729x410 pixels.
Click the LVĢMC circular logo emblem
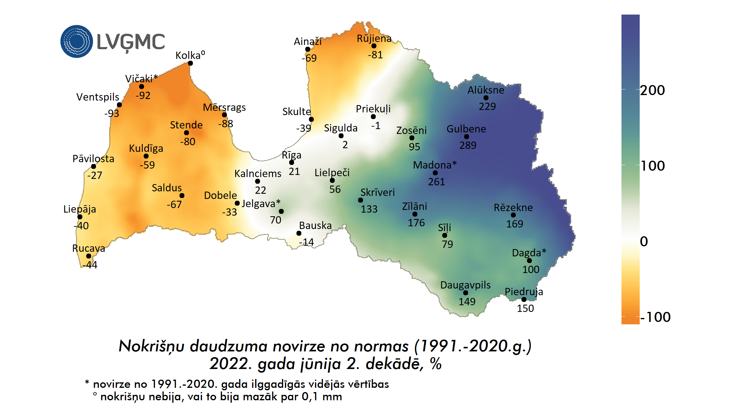[77, 41]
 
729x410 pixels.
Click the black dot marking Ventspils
[119, 105]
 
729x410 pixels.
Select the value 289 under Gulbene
[468, 145]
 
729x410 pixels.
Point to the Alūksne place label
[486, 90]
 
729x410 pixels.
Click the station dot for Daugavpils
[466, 293]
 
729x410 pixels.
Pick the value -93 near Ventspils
[112, 114]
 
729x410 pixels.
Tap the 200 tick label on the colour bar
[652, 91]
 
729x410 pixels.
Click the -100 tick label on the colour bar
[655, 317]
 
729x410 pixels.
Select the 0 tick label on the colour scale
[644, 242]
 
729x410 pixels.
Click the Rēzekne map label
[513, 208]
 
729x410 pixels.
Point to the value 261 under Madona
[436, 182]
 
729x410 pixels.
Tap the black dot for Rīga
[292, 162]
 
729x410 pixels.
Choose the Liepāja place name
[80, 209]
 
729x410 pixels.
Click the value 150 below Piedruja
[525, 309]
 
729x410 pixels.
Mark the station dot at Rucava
[89, 256]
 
